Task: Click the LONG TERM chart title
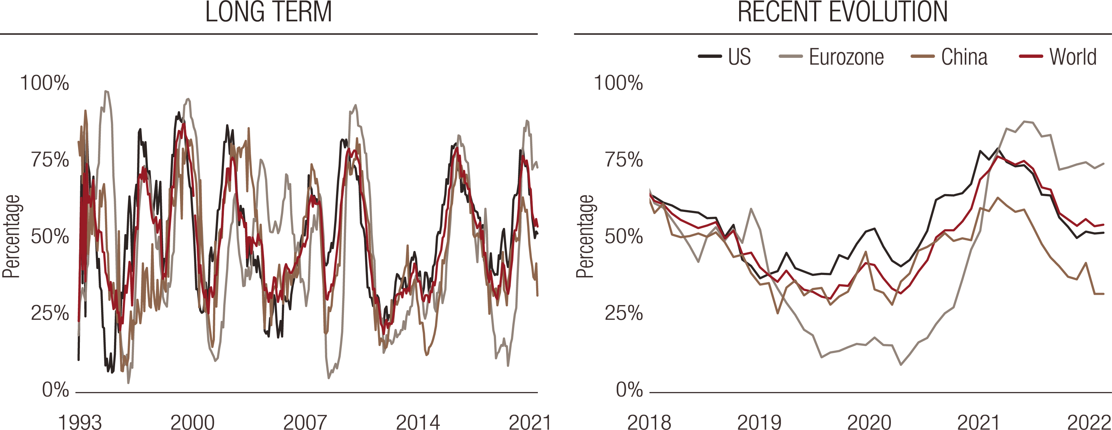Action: point(268,12)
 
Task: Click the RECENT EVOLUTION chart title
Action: point(842,12)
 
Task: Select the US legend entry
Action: point(739,57)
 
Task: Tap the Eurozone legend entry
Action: point(846,57)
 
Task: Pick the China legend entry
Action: point(964,57)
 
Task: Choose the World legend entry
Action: point(1073,57)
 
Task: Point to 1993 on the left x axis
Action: point(80,422)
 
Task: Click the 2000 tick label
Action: point(193,422)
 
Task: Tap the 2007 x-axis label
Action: point(305,422)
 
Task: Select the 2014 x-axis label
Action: point(418,422)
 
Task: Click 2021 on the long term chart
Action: point(530,422)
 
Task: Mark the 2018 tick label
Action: point(649,422)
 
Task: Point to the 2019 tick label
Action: point(759,422)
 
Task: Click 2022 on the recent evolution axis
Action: point(1089,422)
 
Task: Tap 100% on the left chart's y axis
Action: point(44,83)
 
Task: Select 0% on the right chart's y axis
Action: point(629,390)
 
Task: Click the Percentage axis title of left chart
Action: point(12,236)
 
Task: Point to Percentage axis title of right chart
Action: point(585,236)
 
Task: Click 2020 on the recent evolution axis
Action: point(869,422)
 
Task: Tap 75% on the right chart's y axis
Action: point(624,160)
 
